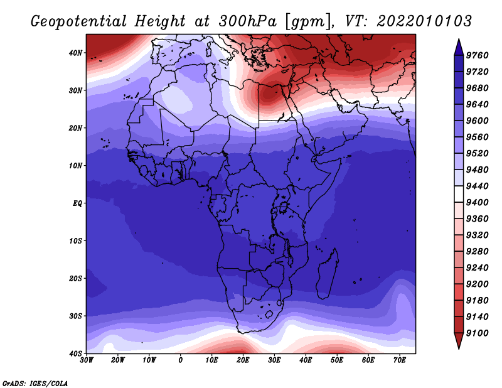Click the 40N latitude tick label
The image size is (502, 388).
75,53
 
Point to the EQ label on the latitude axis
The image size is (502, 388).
75,203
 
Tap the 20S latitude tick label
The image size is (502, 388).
75,278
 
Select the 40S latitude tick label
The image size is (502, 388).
75,353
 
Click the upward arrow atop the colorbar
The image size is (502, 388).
458,46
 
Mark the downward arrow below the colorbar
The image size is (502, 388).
458,342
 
